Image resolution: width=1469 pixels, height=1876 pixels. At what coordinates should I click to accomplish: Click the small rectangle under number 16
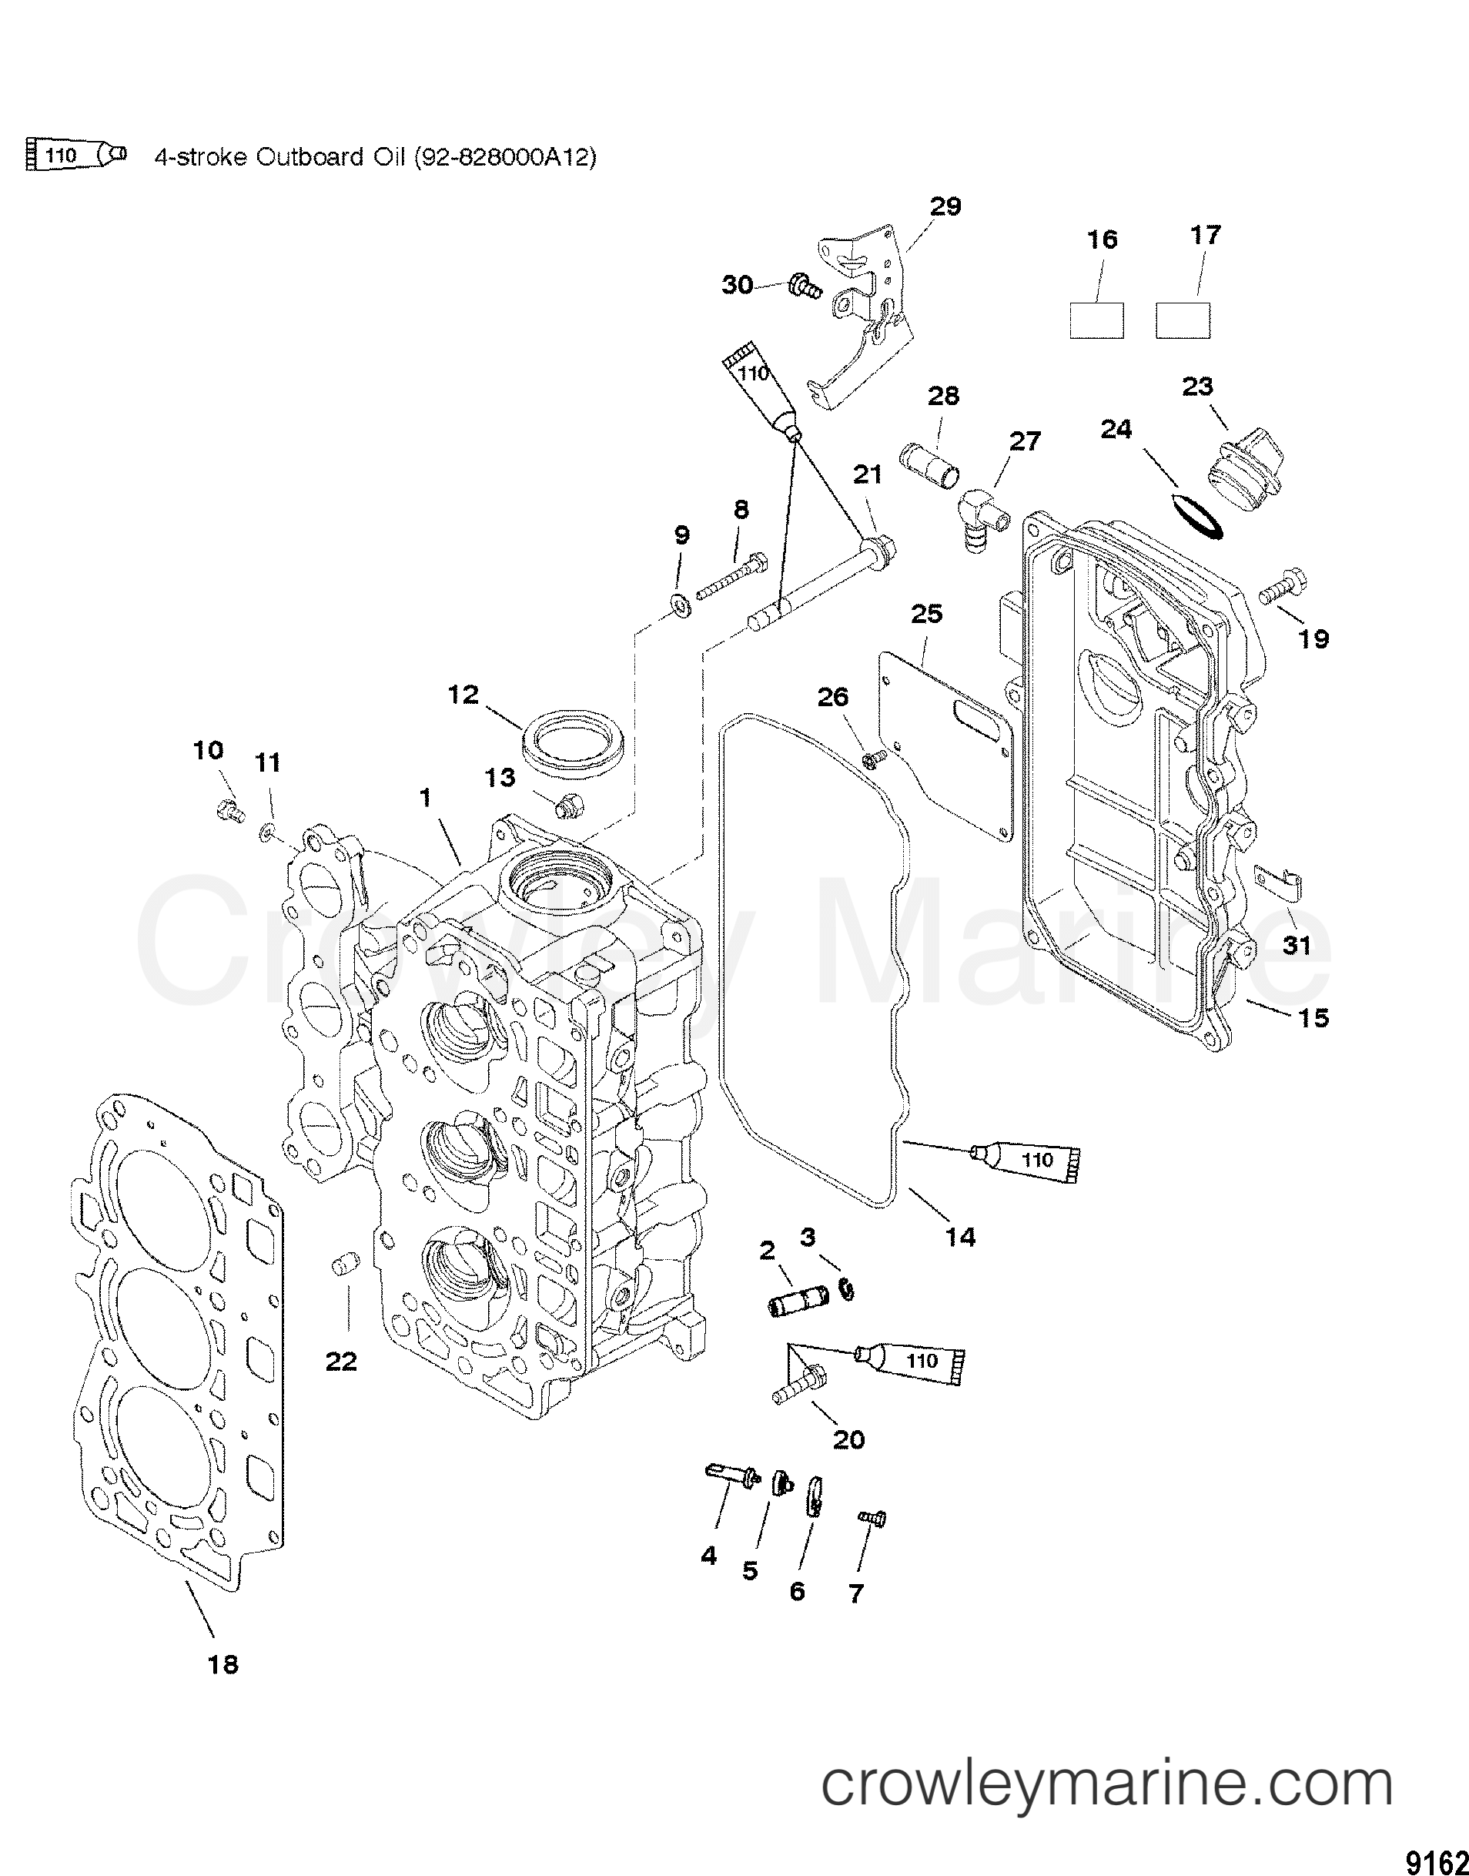(1096, 321)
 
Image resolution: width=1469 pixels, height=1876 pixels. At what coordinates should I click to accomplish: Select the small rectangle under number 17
(1183, 321)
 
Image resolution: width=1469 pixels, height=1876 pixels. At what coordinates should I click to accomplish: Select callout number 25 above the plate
(925, 613)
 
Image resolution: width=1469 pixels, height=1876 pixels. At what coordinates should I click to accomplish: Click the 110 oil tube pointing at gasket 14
(1027, 1161)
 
